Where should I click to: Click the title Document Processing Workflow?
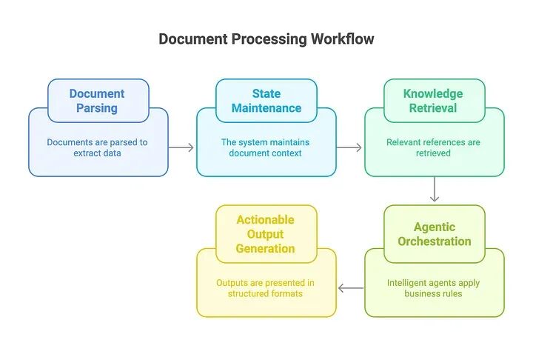click(x=266, y=39)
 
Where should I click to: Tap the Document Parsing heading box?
click(x=98, y=101)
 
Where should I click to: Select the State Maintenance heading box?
click(x=266, y=101)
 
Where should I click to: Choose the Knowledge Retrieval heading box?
click(x=434, y=101)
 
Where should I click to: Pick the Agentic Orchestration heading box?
click(x=434, y=234)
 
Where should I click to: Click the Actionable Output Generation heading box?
click(x=266, y=234)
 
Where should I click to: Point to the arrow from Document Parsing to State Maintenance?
click(x=181, y=147)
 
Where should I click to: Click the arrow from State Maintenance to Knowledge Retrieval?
click(x=349, y=147)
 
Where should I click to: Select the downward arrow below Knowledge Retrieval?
click(x=435, y=189)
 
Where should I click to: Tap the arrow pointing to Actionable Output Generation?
click(x=351, y=288)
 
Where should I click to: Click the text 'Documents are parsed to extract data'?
click(x=98, y=147)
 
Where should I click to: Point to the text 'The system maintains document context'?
click(x=266, y=147)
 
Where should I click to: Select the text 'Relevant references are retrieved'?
click(x=434, y=147)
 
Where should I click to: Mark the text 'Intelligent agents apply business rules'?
click(x=434, y=288)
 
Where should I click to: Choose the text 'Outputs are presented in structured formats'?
click(x=266, y=288)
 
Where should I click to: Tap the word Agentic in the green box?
click(x=435, y=227)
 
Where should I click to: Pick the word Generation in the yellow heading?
click(x=266, y=248)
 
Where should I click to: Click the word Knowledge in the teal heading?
click(x=433, y=93)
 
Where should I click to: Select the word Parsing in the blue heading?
click(x=98, y=108)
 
